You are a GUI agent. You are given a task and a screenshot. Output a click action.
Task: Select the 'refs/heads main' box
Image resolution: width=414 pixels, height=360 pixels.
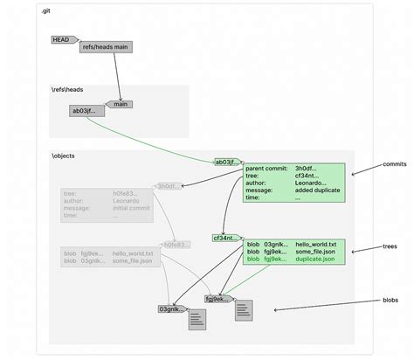pos(107,47)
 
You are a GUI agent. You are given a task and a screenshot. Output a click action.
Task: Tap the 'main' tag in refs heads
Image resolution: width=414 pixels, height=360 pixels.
pos(121,104)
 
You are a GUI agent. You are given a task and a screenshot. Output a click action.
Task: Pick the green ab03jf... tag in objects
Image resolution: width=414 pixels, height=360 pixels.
pos(226,162)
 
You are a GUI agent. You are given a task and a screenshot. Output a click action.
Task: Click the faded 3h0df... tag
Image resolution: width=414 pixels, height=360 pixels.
pos(168,186)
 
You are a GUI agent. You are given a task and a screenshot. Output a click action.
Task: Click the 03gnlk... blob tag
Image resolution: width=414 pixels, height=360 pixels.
pos(171,309)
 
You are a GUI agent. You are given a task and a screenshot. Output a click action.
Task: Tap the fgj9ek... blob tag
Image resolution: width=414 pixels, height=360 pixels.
pos(218,298)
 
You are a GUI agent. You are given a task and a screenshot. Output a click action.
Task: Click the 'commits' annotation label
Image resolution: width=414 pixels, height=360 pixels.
pos(395,163)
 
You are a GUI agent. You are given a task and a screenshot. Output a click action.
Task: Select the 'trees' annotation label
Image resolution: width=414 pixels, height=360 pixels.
pos(391,247)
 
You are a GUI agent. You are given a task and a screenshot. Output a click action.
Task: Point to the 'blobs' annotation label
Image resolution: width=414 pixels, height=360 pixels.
pos(390,300)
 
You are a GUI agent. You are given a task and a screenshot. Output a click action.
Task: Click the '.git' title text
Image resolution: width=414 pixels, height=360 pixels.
pos(45,11)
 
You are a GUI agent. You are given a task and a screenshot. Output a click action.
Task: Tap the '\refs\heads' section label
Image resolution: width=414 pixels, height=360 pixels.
pos(66,89)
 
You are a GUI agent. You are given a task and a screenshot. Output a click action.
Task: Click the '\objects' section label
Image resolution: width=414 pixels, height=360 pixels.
pos(63,155)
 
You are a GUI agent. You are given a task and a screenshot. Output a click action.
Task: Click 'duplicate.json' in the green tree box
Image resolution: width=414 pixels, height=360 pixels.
pos(316,260)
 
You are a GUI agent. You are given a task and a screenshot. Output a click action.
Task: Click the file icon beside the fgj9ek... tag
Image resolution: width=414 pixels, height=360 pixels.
pos(244,309)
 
